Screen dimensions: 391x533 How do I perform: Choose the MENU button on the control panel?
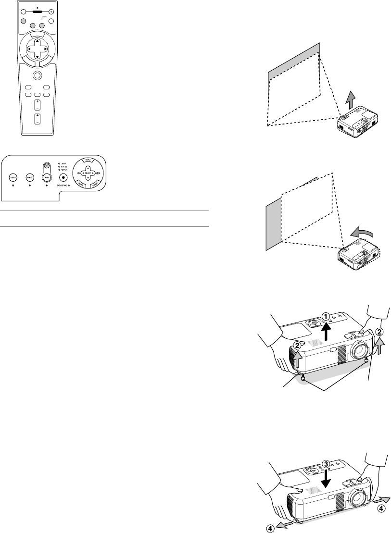point(88,160)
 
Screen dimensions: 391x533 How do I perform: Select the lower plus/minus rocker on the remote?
point(37,119)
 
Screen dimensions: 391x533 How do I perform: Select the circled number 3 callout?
point(326,464)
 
